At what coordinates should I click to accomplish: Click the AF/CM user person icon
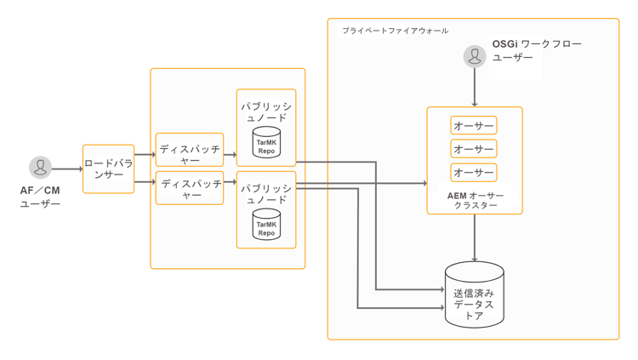(x=40, y=168)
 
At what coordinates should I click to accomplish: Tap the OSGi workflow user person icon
(x=475, y=56)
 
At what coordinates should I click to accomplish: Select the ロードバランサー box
(x=108, y=169)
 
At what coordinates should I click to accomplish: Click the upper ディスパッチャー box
(x=189, y=149)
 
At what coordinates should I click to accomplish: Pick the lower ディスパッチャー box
(x=189, y=188)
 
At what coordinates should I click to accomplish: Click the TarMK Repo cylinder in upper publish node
(x=266, y=142)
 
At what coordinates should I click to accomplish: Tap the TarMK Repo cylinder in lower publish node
(x=266, y=224)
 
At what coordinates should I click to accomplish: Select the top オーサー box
(x=474, y=126)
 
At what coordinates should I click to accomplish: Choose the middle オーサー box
(x=474, y=149)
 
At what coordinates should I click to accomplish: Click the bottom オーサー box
(x=474, y=173)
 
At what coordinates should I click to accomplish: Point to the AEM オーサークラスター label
(x=475, y=200)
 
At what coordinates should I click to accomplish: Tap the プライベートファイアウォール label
(x=395, y=31)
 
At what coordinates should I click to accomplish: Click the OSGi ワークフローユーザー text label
(x=536, y=50)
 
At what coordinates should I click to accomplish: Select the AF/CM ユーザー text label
(x=40, y=197)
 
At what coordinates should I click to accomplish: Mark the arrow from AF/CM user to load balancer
(x=66, y=169)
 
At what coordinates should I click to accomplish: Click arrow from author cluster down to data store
(x=475, y=238)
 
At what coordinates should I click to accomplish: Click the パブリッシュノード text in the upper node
(x=266, y=111)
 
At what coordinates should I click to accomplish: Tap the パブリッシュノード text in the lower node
(x=266, y=193)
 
